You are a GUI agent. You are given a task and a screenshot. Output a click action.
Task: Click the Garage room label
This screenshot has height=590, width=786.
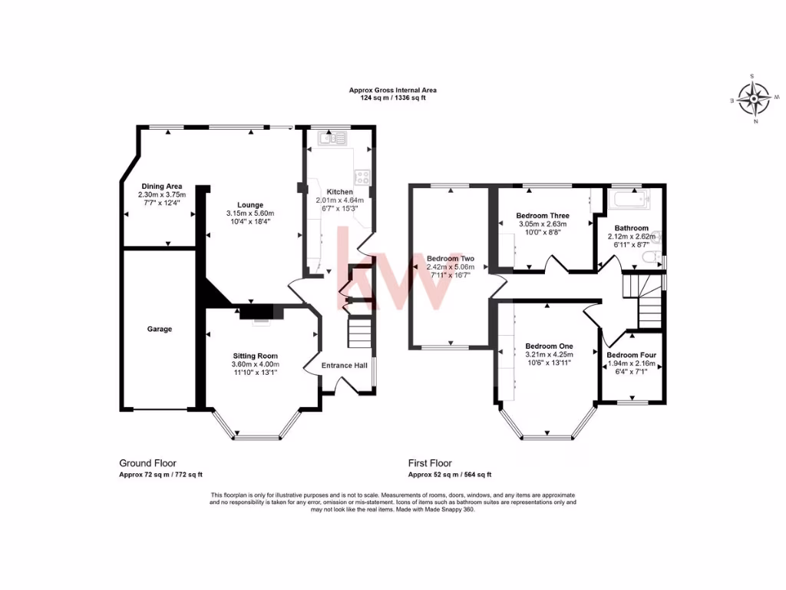pos(160,329)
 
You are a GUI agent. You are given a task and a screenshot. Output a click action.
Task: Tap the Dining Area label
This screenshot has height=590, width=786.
pos(161,186)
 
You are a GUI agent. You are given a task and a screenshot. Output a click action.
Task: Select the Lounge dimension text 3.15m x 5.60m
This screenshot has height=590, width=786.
pos(250,213)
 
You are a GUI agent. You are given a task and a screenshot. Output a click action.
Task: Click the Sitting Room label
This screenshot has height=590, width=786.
pos(256,356)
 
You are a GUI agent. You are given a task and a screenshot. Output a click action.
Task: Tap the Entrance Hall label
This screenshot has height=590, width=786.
pos(343,366)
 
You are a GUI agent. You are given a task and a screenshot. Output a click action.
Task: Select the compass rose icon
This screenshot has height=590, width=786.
pos(756,98)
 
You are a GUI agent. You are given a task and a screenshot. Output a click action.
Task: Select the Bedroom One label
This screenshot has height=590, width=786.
pos(549,346)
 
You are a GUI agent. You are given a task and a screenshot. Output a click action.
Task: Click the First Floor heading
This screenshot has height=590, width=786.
pos(429,463)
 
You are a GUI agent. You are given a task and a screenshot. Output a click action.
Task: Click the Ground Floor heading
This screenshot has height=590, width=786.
pos(147,463)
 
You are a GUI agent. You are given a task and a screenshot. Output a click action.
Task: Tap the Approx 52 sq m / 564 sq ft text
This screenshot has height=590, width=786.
pos(449,475)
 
